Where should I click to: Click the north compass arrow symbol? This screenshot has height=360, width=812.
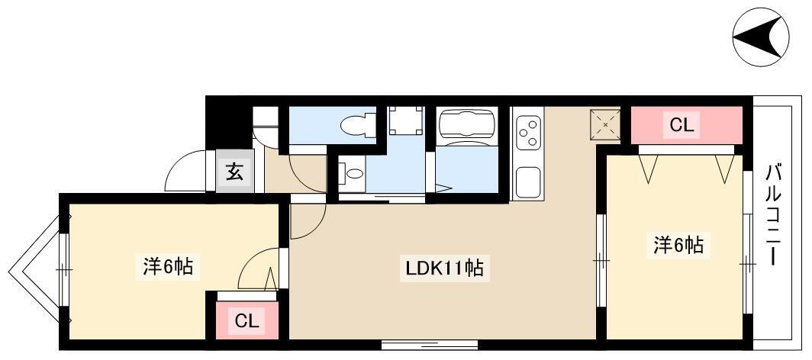(760, 37)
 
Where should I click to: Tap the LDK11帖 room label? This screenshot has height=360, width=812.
(445, 268)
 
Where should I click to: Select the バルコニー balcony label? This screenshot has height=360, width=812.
(774, 215)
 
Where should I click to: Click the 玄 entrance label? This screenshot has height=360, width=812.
(234, 171)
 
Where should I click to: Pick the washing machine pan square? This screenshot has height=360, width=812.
(406, 120)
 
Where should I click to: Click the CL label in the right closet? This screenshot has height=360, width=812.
(681, 125)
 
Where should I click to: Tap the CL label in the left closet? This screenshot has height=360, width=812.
(246, 321)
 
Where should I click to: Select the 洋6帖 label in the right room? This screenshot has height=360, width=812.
(678, 245)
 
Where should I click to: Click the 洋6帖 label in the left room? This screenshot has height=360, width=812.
(168, 268)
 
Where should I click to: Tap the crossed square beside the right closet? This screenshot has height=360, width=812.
(605, 124)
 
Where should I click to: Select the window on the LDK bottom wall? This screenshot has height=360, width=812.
(430, 345)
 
